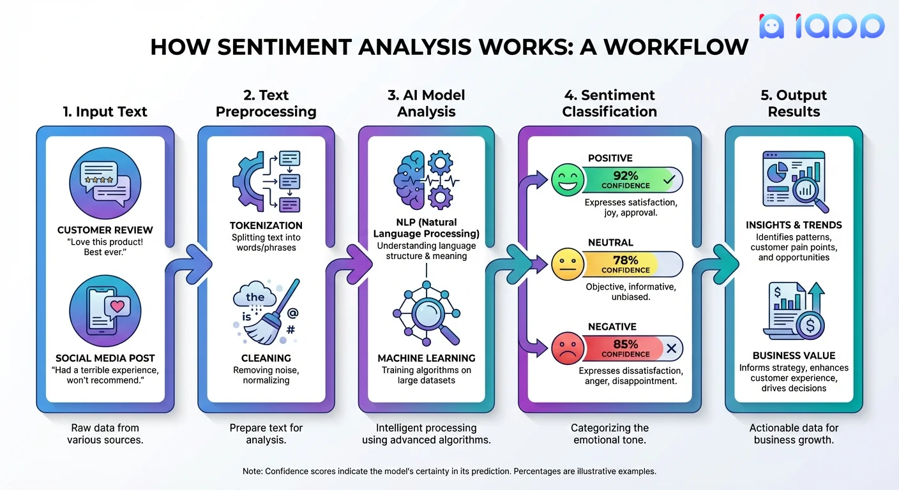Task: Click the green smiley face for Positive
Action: pyautogui.click(x=568, y=180)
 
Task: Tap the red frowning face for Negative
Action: pyautogui.click(x=568, y=348)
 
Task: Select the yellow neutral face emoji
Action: pyautogui.click(x=568, y=264)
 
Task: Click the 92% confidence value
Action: pyautogui.click(x=626, y=175)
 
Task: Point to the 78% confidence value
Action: pyautogui.click(x=626, y=260)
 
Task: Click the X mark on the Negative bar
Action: pyautogui.click(x=671, y=348)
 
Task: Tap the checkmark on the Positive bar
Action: pyautogui.click(x=669, y=181)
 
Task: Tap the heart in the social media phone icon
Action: pyautogui.click(x=117, y=306)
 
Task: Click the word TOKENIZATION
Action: pyautogui.click(x=266, y=225)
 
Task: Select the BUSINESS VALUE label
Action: pyautogui.click(x=794, y=355)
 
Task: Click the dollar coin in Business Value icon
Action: pyautogui.click(x=810, y=326)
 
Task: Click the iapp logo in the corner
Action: pyautogui.click(x=822, y=26)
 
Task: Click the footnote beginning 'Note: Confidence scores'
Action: pyautogui.click(x=449, y=471)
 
